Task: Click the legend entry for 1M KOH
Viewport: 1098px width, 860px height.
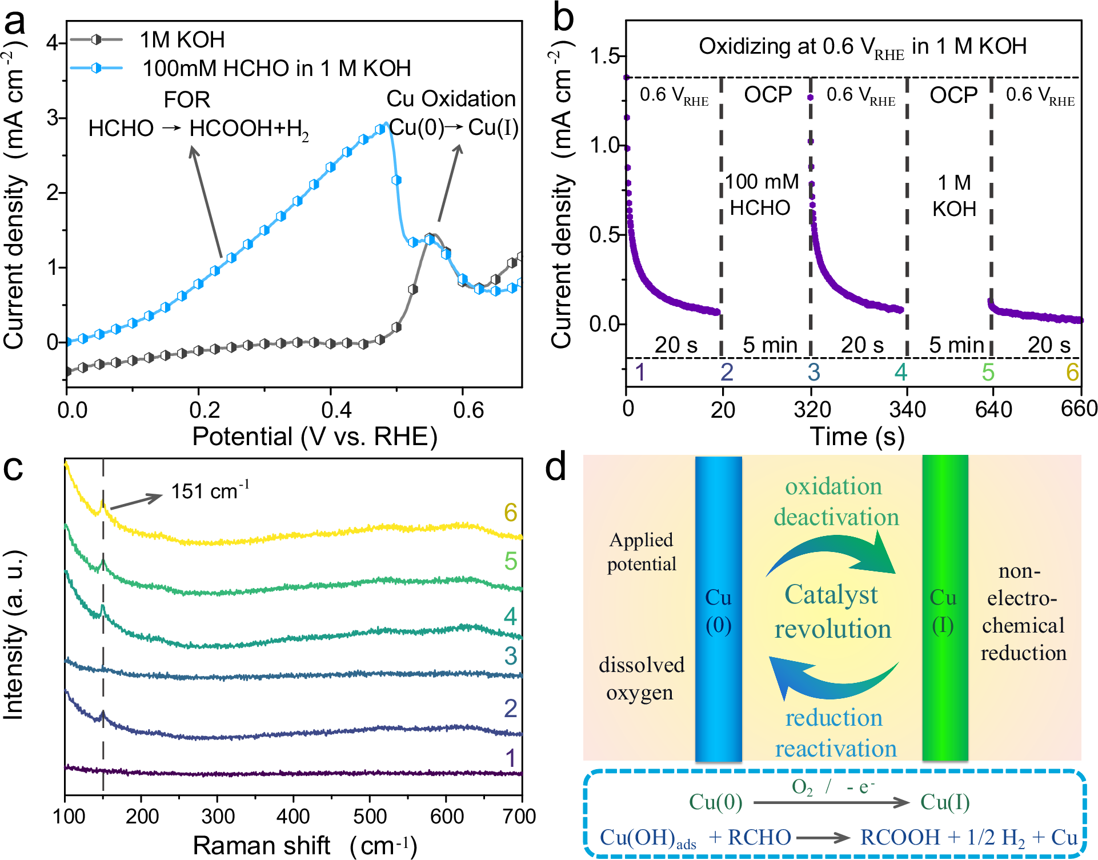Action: [182, 40]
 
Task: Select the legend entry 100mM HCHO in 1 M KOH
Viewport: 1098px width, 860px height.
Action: [276, 69]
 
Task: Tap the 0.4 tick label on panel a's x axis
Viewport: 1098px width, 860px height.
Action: [336, 410]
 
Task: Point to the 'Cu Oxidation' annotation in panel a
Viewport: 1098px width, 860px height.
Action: [451, 99]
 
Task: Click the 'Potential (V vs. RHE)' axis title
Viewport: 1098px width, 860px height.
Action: [315, 437]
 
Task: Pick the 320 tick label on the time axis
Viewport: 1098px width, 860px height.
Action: [812, 410]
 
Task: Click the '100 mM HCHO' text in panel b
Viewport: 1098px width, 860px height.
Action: [762, 194]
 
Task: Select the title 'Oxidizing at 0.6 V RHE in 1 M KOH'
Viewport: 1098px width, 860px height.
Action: [863, 47]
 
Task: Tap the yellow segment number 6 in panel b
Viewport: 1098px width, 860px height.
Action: [1072, 373]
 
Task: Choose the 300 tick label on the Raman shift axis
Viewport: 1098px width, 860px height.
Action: [218, 817]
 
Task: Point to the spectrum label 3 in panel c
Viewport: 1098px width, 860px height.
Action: [510, 656]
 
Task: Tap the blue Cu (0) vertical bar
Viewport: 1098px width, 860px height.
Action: [718, 609]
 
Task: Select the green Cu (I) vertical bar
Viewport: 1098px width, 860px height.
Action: [945, 609]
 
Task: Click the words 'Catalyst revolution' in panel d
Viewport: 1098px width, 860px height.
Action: [832, 611]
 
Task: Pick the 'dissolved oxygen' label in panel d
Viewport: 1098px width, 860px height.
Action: [641, 678]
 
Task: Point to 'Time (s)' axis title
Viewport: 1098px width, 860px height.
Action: [857, 437]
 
